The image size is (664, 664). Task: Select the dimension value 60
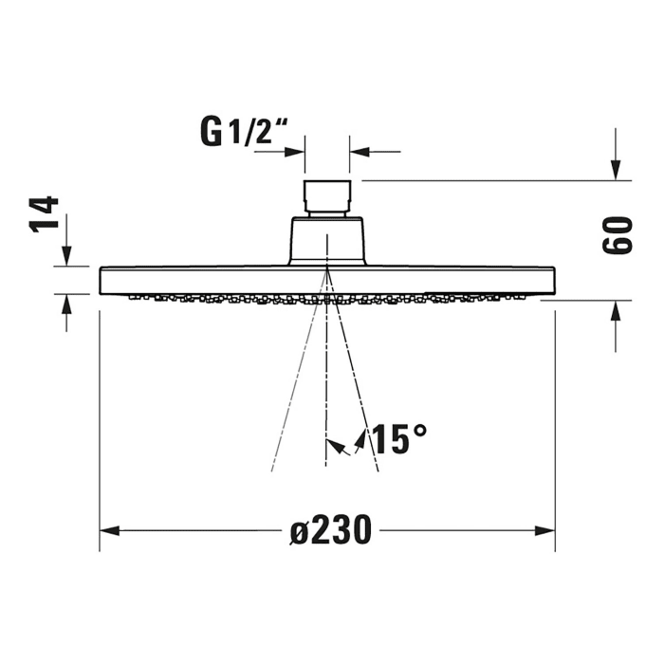[617, 235]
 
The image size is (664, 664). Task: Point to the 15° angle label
[398, 439]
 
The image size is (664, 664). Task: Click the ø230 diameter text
[330, 531]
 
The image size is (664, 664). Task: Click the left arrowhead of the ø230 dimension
[110, 531]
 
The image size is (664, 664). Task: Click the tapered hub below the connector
[326, 241]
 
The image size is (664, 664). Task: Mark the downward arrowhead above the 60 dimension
[617, 168]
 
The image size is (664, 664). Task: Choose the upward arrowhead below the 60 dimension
[617, 312]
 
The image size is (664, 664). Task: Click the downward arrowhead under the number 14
[66, 255]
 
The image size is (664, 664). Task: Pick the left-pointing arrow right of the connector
[360, 150]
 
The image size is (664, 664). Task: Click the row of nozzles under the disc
[237, 299]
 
